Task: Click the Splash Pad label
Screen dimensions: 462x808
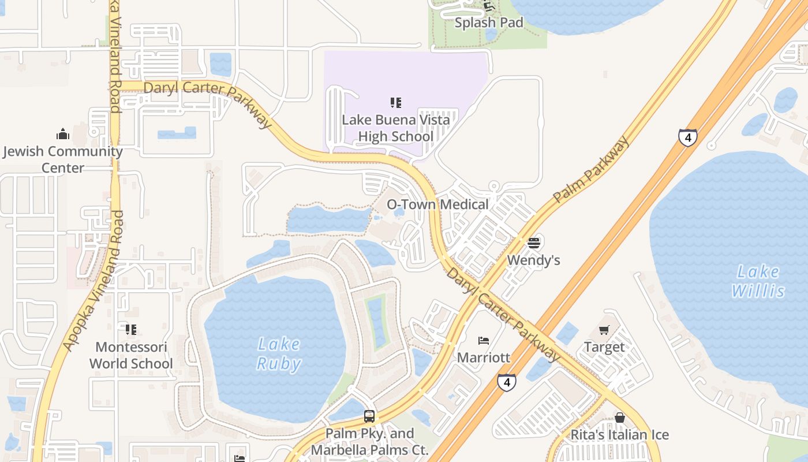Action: tap(489, 23)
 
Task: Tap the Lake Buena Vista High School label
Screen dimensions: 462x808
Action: tap(396, 128)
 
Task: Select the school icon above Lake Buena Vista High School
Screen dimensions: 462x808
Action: tap(395, 103)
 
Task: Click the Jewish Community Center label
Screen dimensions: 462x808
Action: tap(63, 159)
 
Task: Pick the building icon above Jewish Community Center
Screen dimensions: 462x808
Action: tap(63, 135)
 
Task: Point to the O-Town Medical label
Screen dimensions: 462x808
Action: tap(437, 204)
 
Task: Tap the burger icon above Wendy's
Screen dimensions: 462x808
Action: tap(533, 243)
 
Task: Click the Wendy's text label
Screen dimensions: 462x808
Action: tap(533, 260)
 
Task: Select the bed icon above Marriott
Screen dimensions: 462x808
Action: tap(484, 340)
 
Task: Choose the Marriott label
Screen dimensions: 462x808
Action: tap(484, 357)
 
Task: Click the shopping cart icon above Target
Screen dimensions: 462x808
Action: tap(604, 330)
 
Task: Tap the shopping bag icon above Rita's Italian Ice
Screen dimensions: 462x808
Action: tap(619, 418)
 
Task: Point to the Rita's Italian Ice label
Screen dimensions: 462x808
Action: tap(619, 435)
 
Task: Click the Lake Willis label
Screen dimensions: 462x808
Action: tap(758, 281)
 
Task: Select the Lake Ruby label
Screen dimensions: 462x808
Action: tap(279, 354)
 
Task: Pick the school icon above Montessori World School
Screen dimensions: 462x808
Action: tap(131, 330)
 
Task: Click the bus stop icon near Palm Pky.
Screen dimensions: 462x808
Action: tap(369, 416)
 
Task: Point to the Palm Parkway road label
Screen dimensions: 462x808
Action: tap(591, 170)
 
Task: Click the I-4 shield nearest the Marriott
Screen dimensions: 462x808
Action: tap(506, 382)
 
